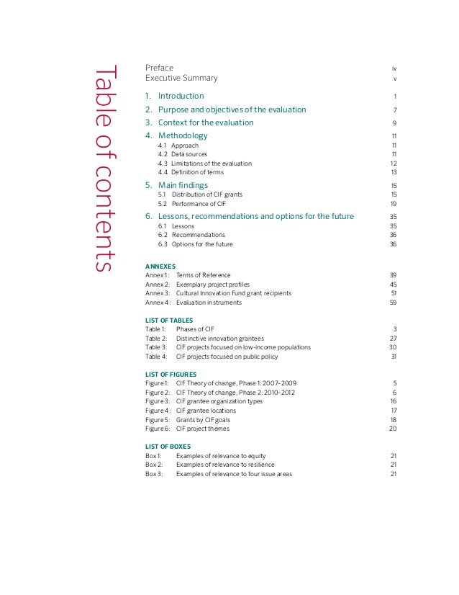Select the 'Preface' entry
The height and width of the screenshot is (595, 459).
[159, 68]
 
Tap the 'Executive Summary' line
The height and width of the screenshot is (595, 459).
[181, 78]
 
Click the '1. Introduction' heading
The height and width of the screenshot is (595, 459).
[174, 96]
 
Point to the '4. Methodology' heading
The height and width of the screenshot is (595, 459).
[176, 135]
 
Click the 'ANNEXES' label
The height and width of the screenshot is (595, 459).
[160, 266]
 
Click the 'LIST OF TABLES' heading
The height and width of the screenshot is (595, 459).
[169, 320]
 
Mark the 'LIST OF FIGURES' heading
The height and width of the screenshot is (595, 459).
[171, 374]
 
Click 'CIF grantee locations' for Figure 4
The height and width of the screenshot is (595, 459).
[207, 411]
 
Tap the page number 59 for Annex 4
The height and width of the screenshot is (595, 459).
[393, 303]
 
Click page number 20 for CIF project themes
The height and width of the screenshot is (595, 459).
[393, 429]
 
